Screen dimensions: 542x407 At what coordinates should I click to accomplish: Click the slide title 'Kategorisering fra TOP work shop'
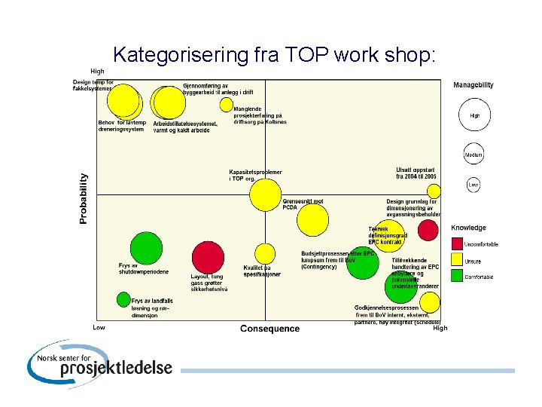(274, 54)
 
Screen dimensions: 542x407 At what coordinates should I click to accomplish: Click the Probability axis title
(84, 198)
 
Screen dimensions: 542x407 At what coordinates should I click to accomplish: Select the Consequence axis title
(269, 329)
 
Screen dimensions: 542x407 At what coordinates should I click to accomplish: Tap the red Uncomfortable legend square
(457, 243)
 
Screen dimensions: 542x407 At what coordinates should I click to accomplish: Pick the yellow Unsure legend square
(457, 260)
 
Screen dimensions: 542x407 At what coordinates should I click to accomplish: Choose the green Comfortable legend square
(457, 276)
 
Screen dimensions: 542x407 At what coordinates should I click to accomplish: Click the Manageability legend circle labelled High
(474, 116)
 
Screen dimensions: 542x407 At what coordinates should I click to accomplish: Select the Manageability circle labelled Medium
(473, 155)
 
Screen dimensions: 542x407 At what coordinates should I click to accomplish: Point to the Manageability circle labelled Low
(473, 185)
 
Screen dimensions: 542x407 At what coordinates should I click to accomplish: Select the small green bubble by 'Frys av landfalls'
(123, 300)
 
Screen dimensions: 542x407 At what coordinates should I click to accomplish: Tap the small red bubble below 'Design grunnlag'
(428, 230)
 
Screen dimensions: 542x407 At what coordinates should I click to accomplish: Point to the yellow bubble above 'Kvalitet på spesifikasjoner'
(265, 254)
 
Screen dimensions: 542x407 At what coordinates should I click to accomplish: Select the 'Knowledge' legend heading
(468, 228)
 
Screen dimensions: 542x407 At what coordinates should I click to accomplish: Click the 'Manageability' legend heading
(473, 85)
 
